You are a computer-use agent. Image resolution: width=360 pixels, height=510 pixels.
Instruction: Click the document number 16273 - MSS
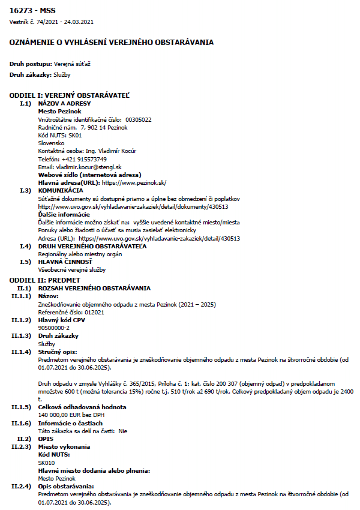pyautogui.click(x=32, y=11)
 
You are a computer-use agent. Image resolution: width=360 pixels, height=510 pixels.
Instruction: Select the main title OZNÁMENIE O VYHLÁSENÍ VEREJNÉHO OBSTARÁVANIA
pyautogui.click(x=112, y=42)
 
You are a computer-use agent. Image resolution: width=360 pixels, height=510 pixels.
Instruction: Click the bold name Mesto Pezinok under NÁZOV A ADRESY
pyautogui.click(x=59, y=112)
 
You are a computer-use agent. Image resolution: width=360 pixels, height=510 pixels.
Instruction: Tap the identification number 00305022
pyautogui.click(x=139, y=119)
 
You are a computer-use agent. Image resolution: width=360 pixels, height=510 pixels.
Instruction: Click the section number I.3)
pyautogui.click(x=25, y=190)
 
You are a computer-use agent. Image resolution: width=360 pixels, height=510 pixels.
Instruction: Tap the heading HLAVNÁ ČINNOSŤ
pyautogui.click(x=65, y=262)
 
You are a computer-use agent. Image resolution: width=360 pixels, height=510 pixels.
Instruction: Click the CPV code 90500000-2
pyautogui.click(x=54, y=328)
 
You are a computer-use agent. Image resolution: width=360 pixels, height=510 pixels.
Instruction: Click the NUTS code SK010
pyautogui.click(x=46, y=462)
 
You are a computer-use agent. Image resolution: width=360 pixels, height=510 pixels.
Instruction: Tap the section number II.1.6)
pyautogui.click(x=21, y=422)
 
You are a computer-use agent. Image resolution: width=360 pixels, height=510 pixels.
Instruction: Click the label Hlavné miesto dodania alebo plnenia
pyautogui.click(x=94, y=470)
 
